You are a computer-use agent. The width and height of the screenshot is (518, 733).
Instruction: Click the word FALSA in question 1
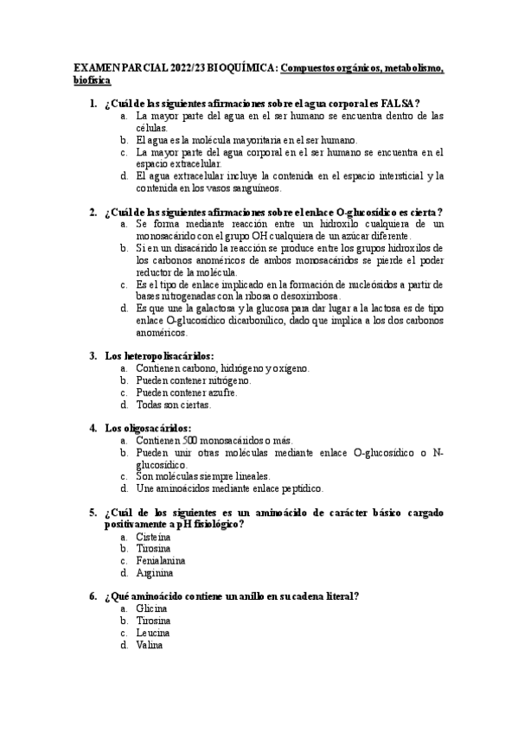(396, 103)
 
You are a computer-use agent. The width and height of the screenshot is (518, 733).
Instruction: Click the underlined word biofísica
(92, 80)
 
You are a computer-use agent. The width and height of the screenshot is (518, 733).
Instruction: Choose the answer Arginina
(155, 572)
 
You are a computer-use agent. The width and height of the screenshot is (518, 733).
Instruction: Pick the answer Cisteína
(154, 536)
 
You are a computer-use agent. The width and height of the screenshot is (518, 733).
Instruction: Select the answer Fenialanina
(160, 560)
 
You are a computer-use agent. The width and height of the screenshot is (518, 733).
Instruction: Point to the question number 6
(93, 596)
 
